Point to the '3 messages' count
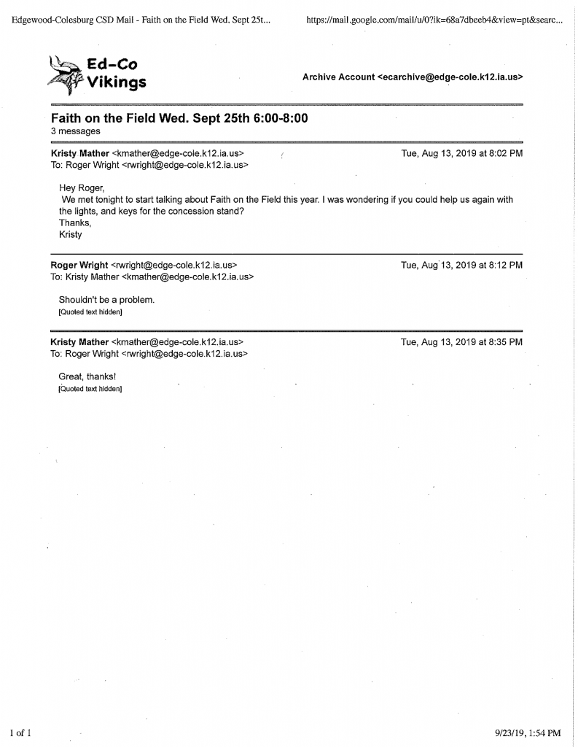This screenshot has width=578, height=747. coord(75,131)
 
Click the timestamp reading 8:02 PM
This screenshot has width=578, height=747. coord(461,153)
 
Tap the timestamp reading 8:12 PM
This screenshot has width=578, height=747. coord(461,265)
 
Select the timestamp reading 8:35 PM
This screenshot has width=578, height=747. coord(461,341)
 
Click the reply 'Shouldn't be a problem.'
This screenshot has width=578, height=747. coord(106,300)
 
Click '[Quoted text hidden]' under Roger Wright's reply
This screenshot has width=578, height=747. coord(90,312)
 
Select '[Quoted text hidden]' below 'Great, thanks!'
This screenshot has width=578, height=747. coord(90,389)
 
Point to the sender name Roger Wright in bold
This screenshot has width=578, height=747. coord(79,265)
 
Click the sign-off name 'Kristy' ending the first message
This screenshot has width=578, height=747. coord(70,234)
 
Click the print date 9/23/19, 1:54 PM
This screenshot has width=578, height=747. coord(526,732)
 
